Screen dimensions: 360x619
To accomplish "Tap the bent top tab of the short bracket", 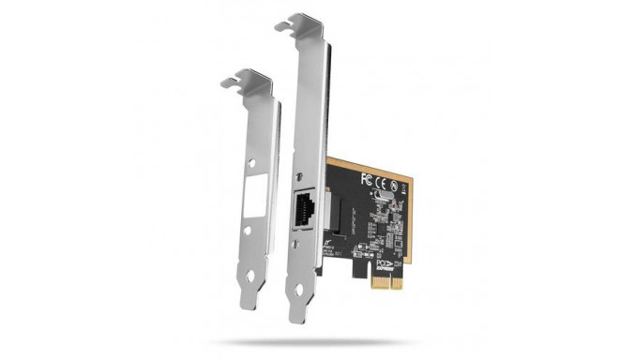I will pyautogui.click(x=246, y=80).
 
